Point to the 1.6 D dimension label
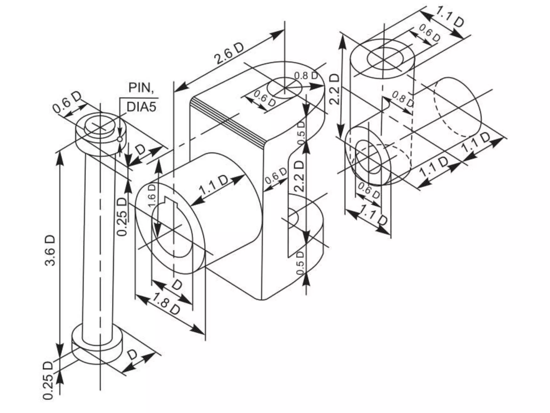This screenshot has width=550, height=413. [152, 195]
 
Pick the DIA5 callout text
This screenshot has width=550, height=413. [141, 107]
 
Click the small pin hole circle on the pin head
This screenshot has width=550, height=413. [120, 139]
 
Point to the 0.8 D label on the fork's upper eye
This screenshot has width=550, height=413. [306, 76]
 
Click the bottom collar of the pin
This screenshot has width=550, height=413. [97, 347]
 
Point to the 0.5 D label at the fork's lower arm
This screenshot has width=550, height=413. [301, 263]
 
